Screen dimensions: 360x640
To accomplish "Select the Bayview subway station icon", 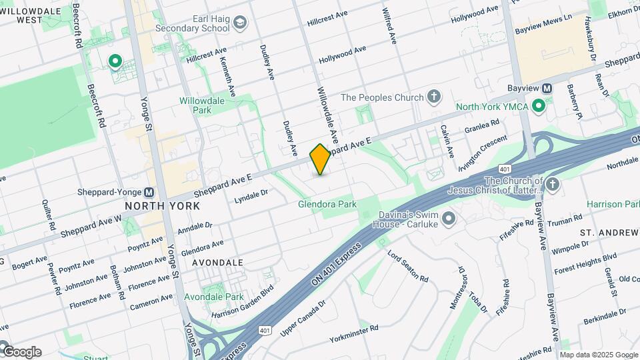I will click(547, 88).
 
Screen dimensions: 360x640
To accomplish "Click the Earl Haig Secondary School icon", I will click(240, 23).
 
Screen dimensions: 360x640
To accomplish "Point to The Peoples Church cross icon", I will click(434, 97).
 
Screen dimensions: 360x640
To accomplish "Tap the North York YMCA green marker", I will click(539, 107).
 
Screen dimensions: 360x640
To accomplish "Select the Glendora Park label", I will click(327, 204).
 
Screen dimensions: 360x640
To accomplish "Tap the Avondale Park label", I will click(223, 297).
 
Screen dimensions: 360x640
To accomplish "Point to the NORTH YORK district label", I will click(163, 206).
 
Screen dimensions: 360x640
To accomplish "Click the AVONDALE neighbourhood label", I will click(217, 263).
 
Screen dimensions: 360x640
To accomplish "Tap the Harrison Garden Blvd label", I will click(243, 302).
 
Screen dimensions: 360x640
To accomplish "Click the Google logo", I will click(21, 351).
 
